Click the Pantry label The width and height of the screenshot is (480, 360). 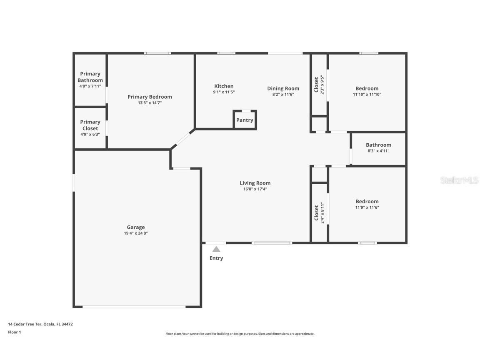[245, 120]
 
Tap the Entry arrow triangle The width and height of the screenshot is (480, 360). [216, 249]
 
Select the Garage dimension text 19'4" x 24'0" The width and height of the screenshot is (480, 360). [136, 233]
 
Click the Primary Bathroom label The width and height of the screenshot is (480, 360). [90, 77]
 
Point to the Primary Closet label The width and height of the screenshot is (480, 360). [90, 125]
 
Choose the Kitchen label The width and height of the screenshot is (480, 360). [224, 86]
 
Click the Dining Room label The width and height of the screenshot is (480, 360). [283, 88]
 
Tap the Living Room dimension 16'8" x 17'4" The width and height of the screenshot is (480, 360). [255, 189]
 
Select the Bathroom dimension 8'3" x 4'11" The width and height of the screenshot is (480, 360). [378, 151]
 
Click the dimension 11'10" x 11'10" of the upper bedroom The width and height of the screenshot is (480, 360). [367, 95]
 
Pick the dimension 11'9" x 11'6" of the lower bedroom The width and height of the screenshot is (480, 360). [367, 207]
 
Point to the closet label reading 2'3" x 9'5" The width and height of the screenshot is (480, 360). [322, 85]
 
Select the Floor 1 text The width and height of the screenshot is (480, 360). [14, 332]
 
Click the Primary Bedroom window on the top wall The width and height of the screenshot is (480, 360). [157, 53]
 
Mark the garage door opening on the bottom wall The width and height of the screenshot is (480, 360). [134, 307]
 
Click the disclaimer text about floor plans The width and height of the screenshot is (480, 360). [240, 334]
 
